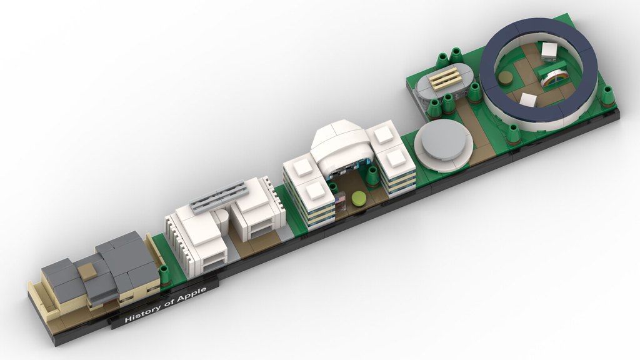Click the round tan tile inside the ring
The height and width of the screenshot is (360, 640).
[x=504, y=77]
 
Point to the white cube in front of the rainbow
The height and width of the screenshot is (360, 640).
[x=529, y=101]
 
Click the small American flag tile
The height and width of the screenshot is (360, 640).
[x=340, y=201]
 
